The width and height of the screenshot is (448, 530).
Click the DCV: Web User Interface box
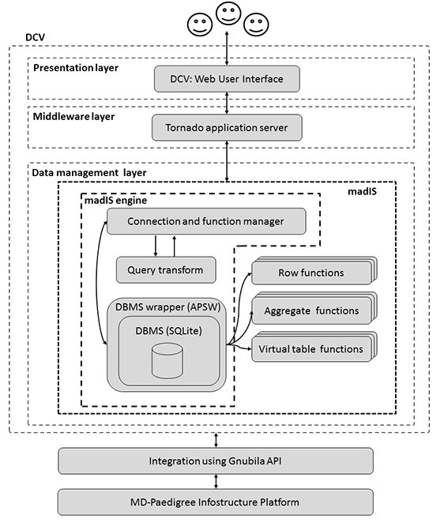click(227, 79)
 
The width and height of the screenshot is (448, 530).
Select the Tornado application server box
click(227, 127)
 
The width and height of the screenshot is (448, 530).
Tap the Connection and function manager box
click(206, 221)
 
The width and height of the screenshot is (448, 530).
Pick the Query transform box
click(166, 269)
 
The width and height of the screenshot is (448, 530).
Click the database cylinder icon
click(168, 360)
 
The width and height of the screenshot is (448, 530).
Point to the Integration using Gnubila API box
click(216, 461)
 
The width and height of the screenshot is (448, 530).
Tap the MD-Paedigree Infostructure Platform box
click(216, 502)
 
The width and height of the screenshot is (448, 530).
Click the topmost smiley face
click(228, 13)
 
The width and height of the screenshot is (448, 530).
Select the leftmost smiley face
click(200, 24)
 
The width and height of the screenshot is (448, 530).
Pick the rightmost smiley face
click(256, 24)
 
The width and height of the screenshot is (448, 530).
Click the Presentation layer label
click(76, 68)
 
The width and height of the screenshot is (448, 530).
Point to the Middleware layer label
click(73, 117)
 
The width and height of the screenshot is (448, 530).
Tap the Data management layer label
click(89, 173)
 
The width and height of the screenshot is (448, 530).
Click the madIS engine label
click(115, 201)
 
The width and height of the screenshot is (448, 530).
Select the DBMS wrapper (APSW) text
click(168, 307)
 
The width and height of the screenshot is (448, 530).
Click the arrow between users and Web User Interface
click(227, 48)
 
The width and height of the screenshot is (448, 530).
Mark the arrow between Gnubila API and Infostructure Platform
click(216, 481)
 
